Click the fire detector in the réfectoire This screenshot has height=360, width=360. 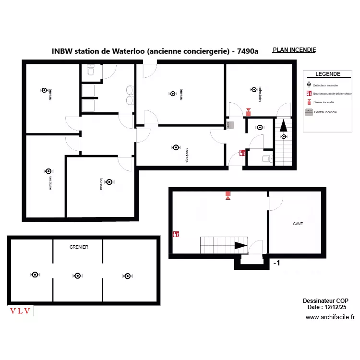253,89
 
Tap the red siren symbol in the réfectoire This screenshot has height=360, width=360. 248,112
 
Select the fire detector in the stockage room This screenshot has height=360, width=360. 176,148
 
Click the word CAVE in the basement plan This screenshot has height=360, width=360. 298,224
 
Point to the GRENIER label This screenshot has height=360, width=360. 79,247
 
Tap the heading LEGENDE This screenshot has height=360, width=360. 328,74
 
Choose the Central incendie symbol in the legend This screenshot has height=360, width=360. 309,111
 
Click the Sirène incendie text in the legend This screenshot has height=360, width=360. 324,102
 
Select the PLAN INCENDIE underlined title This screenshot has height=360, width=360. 294,50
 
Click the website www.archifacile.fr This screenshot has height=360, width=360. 330,317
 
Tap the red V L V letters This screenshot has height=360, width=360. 21,311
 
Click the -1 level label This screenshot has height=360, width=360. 276,263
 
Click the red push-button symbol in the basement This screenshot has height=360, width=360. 176,234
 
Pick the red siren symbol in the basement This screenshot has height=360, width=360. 228,195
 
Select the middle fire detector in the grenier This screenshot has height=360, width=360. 77,276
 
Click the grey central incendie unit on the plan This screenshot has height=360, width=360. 230,125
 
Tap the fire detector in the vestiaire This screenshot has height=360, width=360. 48,171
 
